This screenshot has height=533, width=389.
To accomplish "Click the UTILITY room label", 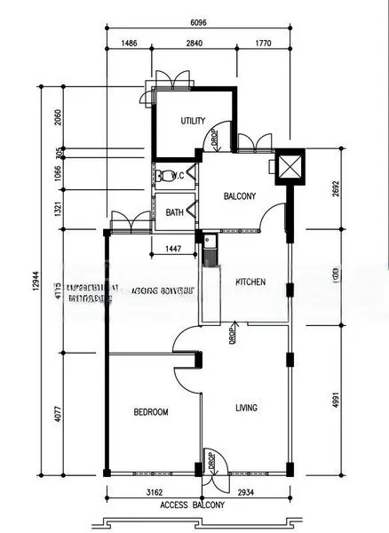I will point(193,121).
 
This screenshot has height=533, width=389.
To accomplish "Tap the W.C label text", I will point(178,176).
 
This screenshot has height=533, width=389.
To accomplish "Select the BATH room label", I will point(175,212).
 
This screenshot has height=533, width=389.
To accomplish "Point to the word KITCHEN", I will point(250,282).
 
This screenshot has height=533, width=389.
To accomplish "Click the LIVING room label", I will point(246,408).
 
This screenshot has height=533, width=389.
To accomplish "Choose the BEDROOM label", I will point(151,412).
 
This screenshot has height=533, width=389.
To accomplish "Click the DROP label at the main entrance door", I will point(212,463).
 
